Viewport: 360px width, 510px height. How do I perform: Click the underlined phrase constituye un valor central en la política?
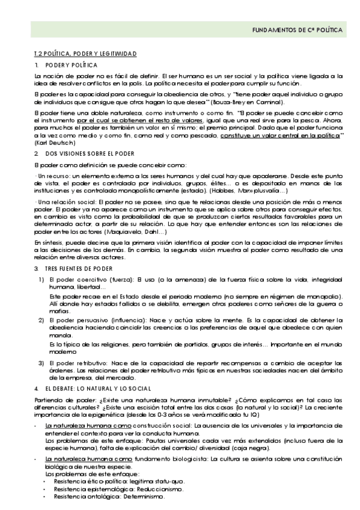272,137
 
